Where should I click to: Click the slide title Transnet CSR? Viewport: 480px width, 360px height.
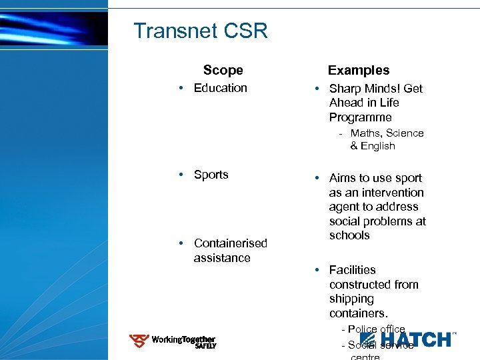200,31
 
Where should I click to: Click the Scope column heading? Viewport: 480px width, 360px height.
223,70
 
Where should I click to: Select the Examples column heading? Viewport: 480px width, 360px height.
359,70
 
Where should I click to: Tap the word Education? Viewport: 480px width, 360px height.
220,88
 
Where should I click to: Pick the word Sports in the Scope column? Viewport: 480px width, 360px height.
211,175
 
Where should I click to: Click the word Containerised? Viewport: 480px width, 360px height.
230,243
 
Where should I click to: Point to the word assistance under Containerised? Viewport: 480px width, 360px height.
222,258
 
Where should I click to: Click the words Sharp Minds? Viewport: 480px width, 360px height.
367,89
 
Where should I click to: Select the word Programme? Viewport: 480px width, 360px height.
360,117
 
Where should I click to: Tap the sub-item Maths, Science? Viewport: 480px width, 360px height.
387,133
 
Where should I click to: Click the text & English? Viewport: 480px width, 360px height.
373,146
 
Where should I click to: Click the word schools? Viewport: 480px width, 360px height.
349,235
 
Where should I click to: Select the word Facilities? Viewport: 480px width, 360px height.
352,270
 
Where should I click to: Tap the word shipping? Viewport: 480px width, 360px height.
351,299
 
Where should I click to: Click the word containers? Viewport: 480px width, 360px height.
358,313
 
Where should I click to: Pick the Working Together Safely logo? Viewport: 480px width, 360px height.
172,341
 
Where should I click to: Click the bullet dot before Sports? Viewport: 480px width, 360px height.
181,175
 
